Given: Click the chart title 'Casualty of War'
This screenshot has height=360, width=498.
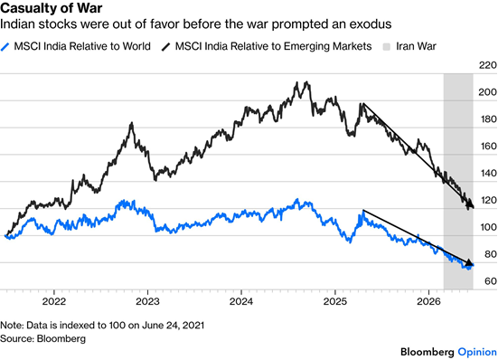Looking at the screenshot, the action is pos(52,7).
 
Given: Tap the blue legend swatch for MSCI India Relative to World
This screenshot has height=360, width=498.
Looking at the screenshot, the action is pos(5,47).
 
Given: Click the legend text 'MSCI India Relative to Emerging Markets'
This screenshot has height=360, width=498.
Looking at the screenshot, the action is pos(273,46).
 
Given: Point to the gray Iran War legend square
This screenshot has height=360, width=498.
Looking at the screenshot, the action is pos(386,47).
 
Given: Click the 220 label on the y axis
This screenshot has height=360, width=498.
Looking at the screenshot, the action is pos(487,65).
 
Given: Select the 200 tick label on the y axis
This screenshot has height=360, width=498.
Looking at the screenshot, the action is pos(487,92).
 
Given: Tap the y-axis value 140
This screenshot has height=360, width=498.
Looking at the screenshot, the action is pos(487,173).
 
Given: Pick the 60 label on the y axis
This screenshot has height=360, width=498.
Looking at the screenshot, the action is pos(490,281).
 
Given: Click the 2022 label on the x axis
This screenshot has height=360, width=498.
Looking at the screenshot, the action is pos(54,301).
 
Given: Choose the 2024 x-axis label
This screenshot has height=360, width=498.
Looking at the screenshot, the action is pos(241,301).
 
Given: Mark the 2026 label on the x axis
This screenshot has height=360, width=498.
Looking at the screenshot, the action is pos(428,301).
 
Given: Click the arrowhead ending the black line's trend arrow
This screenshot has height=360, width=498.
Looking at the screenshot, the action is pos(470,204).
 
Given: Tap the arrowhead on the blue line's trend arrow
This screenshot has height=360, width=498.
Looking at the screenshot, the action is pos(469,262).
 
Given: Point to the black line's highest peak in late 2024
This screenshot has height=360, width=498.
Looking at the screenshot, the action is pos(306,82).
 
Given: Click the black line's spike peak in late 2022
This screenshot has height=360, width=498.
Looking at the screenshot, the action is pos(131,123).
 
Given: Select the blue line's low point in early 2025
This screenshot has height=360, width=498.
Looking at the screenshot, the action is pos(350,242).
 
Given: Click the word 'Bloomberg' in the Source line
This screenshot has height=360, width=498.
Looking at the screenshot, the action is pos(61,338).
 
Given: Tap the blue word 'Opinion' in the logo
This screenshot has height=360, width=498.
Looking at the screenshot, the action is pos(477,352).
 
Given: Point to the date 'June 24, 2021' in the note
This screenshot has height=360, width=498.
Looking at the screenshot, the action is pos(174,326).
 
